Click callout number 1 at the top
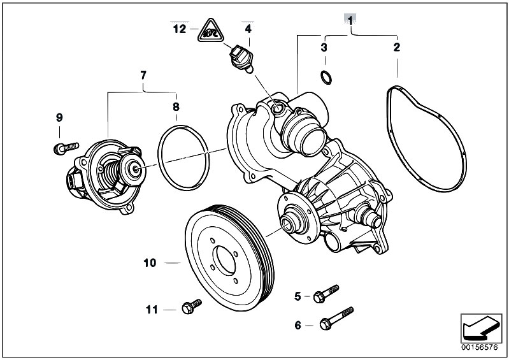(x=350, y=20)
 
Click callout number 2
(x=396, y=47)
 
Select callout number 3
(x=324, y=47)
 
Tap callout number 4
(x=248, y=29)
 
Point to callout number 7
(x=143, y=76)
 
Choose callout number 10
(x=150, y=262)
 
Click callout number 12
(x=179, y=29)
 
